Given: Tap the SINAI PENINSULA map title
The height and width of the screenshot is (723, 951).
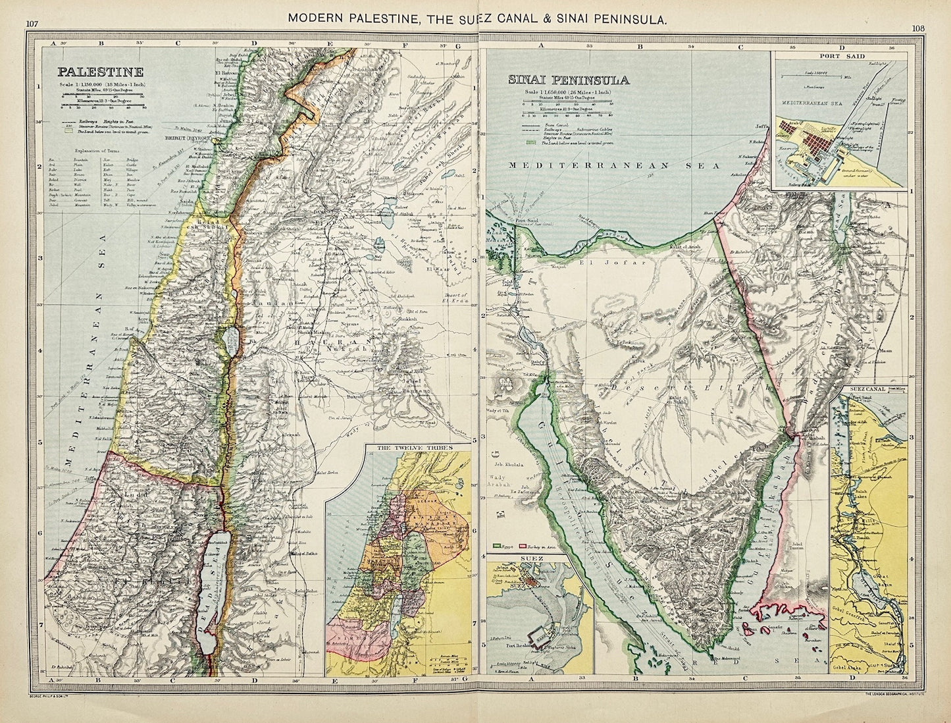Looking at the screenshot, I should click(x=568, y=80).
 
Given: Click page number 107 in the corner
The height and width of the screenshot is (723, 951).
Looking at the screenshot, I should click(x=32, y=24).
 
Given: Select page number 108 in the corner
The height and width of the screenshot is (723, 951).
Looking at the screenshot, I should click(x=919, y=28).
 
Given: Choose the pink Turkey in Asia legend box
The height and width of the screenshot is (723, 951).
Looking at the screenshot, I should click(x=525, y=546).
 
